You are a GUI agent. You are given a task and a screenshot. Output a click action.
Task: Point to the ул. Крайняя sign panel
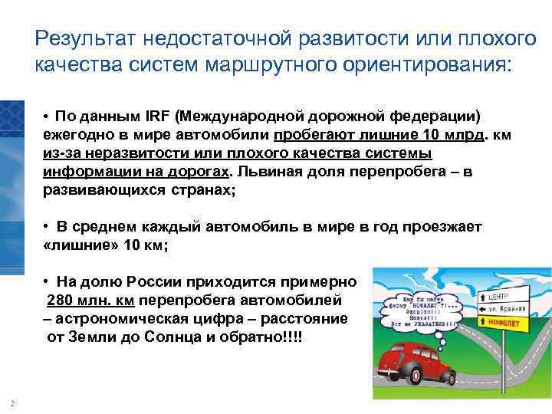[x=505, y=310]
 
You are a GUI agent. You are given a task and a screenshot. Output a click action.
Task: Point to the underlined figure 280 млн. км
[x=93, y=299]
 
